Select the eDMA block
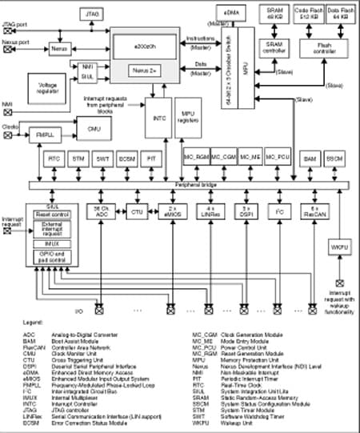click(225, 13)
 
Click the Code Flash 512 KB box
click(309, 14)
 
